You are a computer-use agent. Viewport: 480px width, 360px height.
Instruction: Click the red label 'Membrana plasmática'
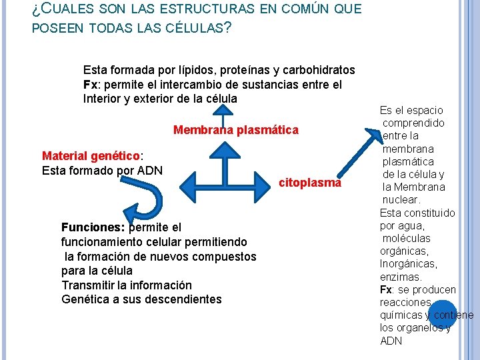coord(236,130)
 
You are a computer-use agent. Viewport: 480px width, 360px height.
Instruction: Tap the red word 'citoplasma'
coord(310,183)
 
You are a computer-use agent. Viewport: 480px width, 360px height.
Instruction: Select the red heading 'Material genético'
coord(91,155)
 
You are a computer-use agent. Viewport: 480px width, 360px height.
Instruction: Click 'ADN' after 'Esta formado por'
coord(150,169)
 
